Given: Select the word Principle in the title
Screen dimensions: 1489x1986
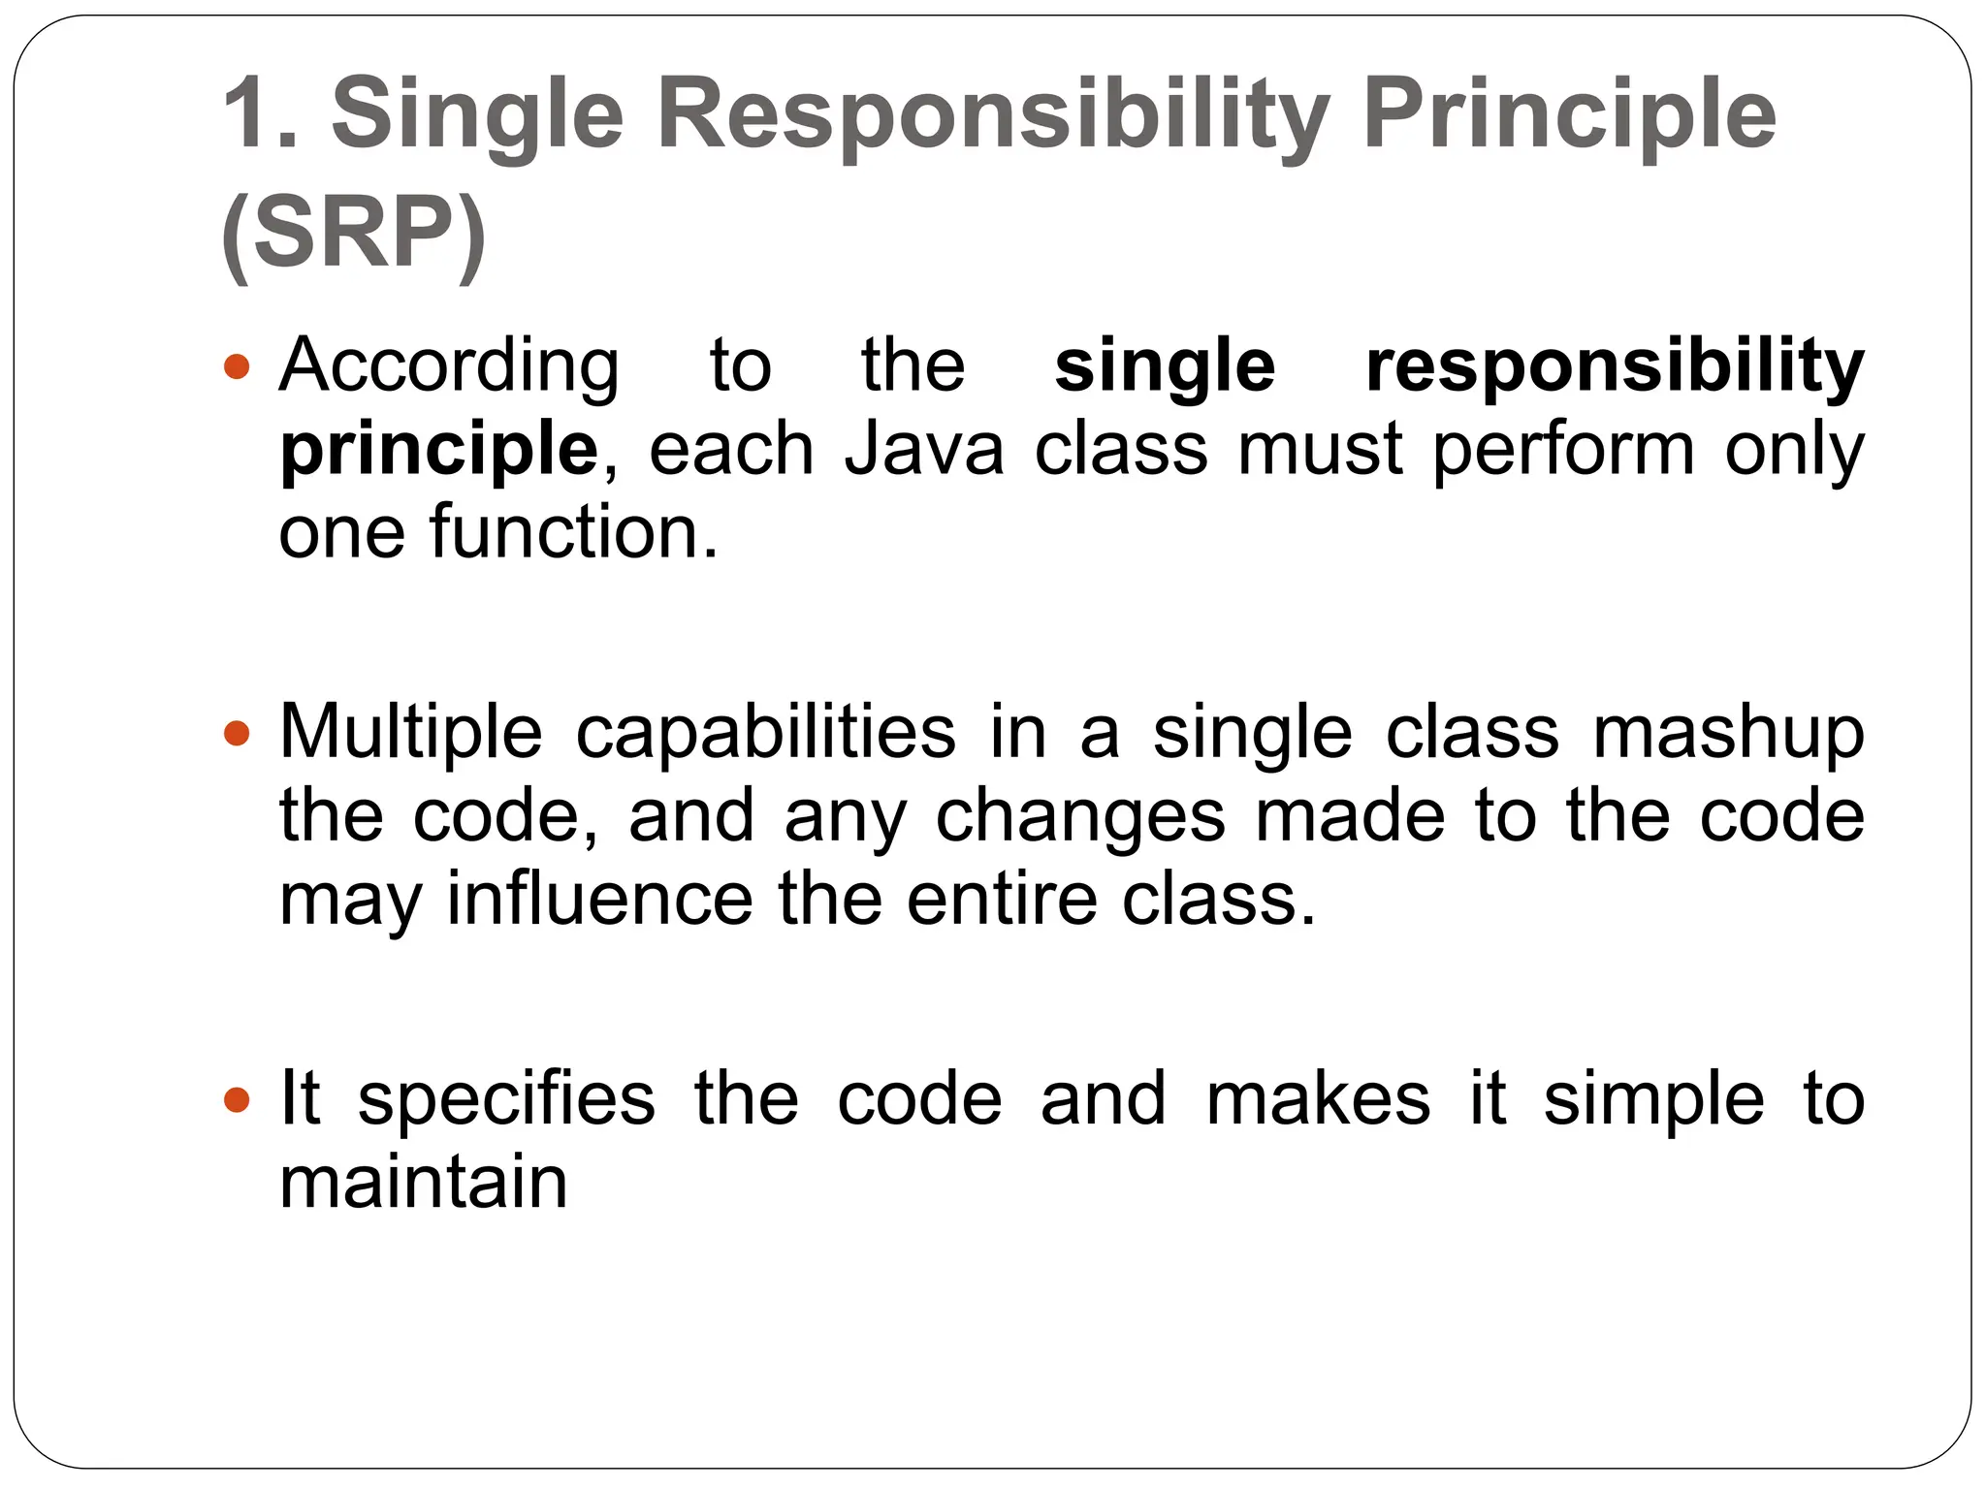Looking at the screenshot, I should point(1568,116).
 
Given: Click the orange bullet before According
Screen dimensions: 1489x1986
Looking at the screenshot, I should point(237,367).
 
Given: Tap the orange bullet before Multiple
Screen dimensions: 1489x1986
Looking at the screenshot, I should point(237,733).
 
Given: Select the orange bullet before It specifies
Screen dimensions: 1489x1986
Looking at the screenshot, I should point(237,1100).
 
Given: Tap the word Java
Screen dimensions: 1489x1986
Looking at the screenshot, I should point(924,450).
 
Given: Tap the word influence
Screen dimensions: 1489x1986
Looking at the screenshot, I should point(599,900).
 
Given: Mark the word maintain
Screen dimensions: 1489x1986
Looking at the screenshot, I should point(423,1183).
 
